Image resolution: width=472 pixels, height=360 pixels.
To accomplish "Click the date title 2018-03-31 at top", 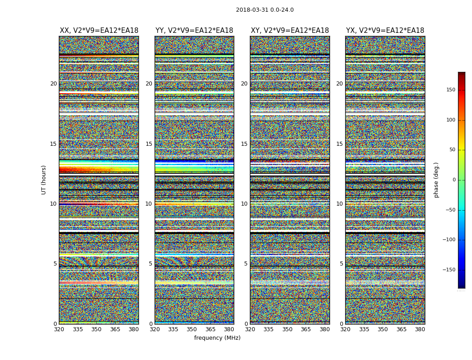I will (x=264, y=10).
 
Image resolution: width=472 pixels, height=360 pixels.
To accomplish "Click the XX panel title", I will (x=99, y=31).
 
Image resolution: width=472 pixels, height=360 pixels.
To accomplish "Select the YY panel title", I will (x=194, y=31).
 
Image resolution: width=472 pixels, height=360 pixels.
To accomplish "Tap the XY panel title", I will (x=289, y=31).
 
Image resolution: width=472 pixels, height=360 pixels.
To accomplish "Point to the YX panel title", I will (x=385, y=31).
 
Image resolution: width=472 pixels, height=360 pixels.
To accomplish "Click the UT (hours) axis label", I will (x=44, y=180).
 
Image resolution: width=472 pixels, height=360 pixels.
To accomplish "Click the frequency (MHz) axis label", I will (x=217, y=338).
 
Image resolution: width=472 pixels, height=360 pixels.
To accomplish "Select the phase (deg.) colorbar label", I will (x=436, y=180).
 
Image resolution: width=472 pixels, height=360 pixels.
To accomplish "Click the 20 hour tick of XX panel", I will (x=53, y=84).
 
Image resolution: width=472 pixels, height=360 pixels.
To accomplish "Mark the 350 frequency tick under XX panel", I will (x=96, y=329).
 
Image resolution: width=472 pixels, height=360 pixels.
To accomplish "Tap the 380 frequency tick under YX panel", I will (x=420, y=329).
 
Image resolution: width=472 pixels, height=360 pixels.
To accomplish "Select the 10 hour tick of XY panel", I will (x=244, y=204).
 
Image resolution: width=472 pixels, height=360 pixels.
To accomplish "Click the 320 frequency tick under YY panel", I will (x=155, y=329).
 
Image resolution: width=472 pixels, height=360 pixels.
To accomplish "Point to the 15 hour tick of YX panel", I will (x=339, y=144).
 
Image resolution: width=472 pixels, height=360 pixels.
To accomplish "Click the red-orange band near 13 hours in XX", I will (x=98, y=170).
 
